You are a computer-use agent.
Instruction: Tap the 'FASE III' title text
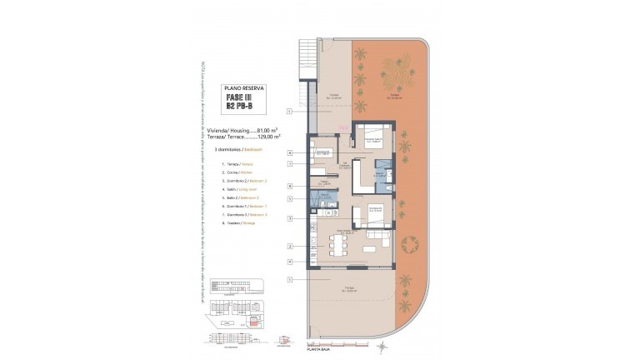244,97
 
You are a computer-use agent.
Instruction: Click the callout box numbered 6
289,152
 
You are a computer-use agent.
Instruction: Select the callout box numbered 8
289,186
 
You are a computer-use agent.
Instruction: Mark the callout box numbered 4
289,262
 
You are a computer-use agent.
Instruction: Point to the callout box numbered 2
289,246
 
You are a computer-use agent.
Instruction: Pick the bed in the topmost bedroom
368,137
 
